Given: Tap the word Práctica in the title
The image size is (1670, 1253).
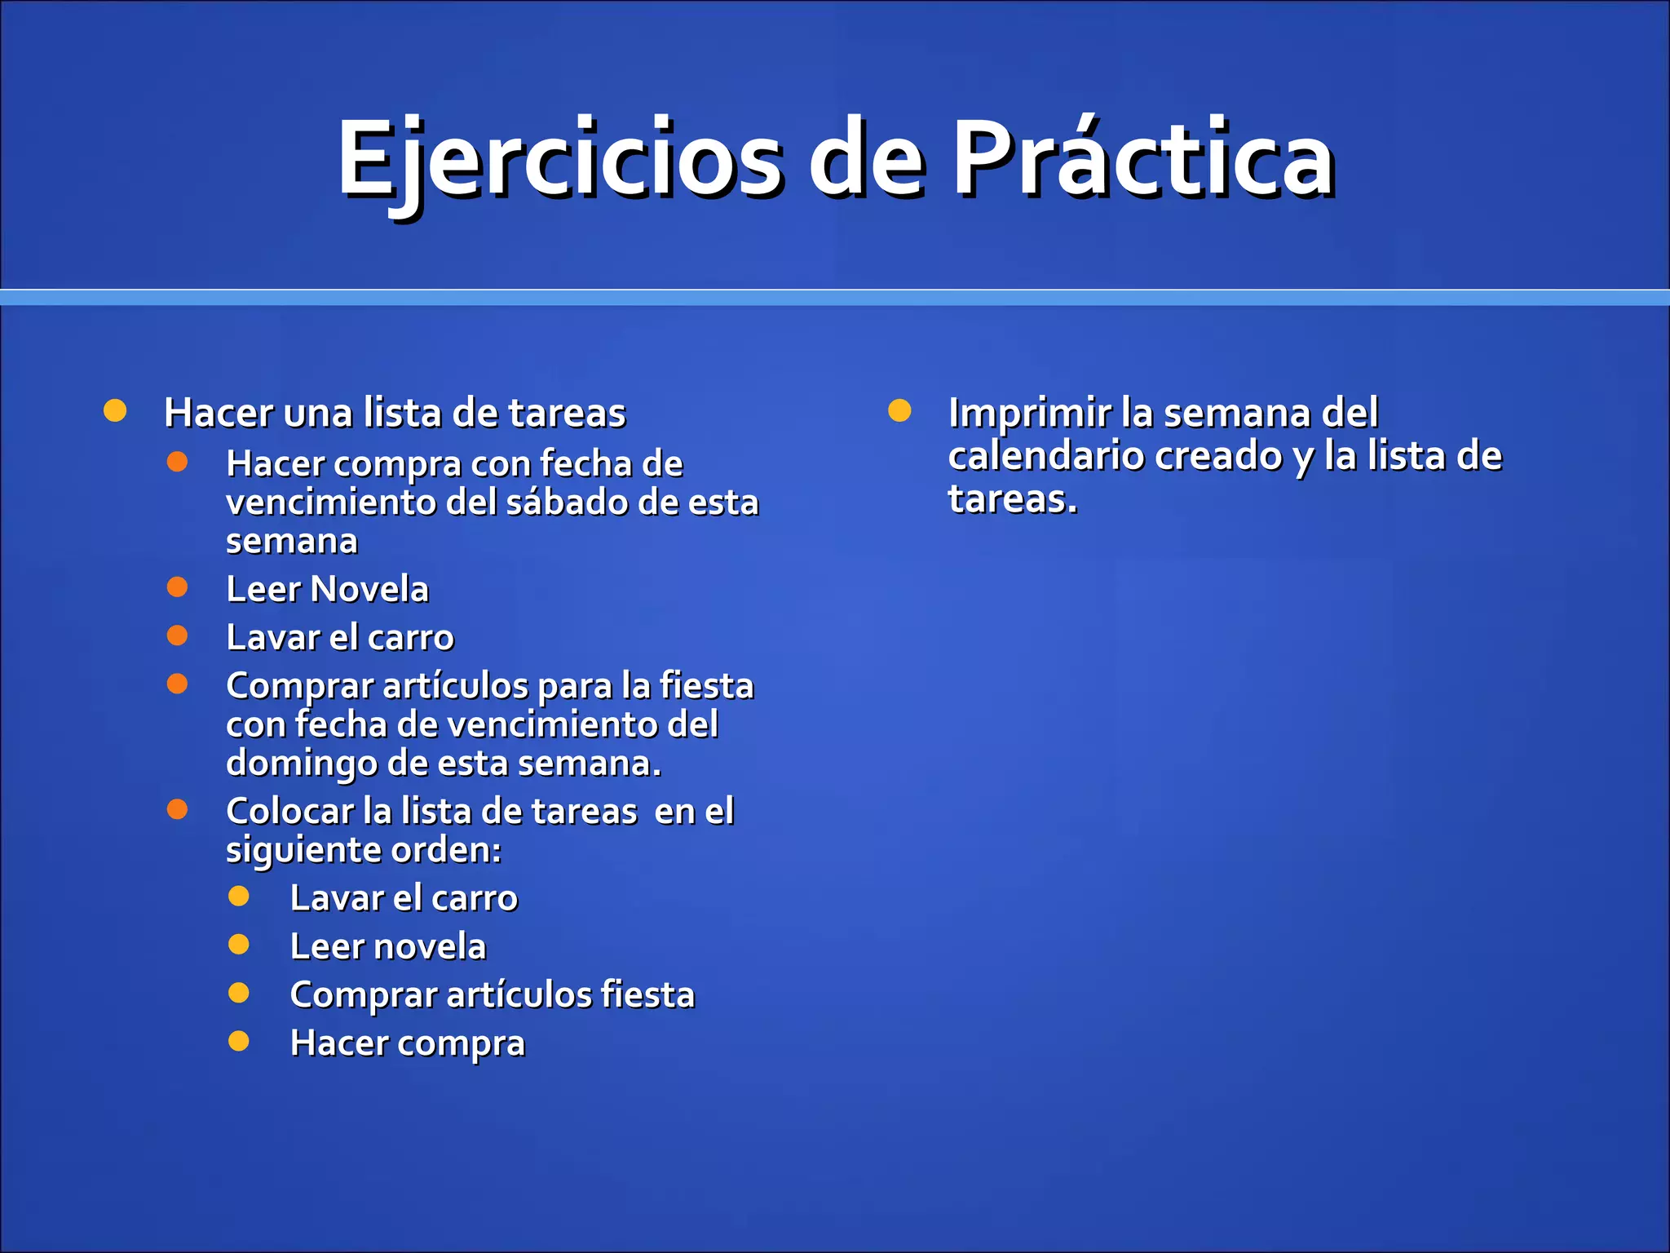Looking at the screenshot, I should (x=1142, y=159).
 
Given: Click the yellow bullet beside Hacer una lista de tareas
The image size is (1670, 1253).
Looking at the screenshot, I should (x=115, y=411).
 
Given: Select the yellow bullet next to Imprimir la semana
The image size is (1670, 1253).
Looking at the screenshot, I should (x=899, y=411).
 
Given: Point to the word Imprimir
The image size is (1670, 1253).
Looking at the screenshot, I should (x=1029, y=414).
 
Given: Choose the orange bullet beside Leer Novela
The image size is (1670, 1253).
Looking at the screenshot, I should (x=177, y=587).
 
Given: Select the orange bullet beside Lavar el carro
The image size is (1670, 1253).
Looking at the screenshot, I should (x=177, y=635).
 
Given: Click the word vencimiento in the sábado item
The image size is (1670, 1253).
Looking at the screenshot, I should (x=332, y=503).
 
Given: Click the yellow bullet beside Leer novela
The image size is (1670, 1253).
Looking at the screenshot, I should (x=239, y=945).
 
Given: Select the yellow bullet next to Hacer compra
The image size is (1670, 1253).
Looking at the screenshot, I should (x=239, y=1041).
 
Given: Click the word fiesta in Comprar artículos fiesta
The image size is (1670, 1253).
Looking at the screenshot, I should (x=647, y=995).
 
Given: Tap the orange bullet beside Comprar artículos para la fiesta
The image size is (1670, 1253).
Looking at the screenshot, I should (x=177, y=684).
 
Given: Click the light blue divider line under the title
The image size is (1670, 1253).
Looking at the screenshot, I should (x=835, y=298).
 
